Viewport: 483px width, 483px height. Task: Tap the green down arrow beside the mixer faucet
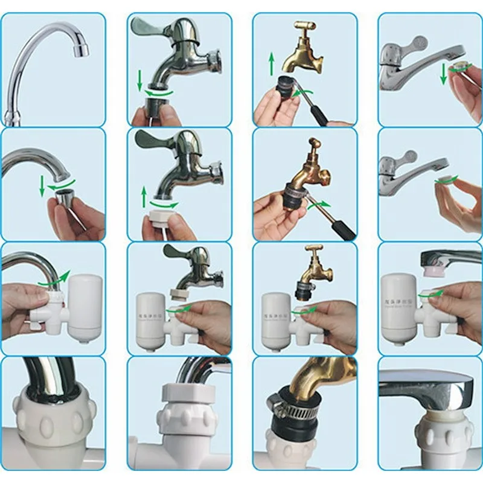coord(443,74)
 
